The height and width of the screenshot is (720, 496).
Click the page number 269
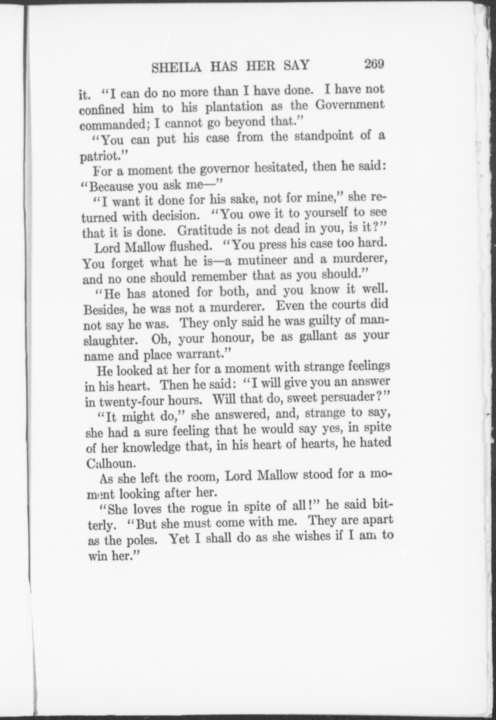(374, 64)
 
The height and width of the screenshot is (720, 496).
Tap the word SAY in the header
(296, 65)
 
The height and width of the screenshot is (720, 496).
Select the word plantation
(234, 107)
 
